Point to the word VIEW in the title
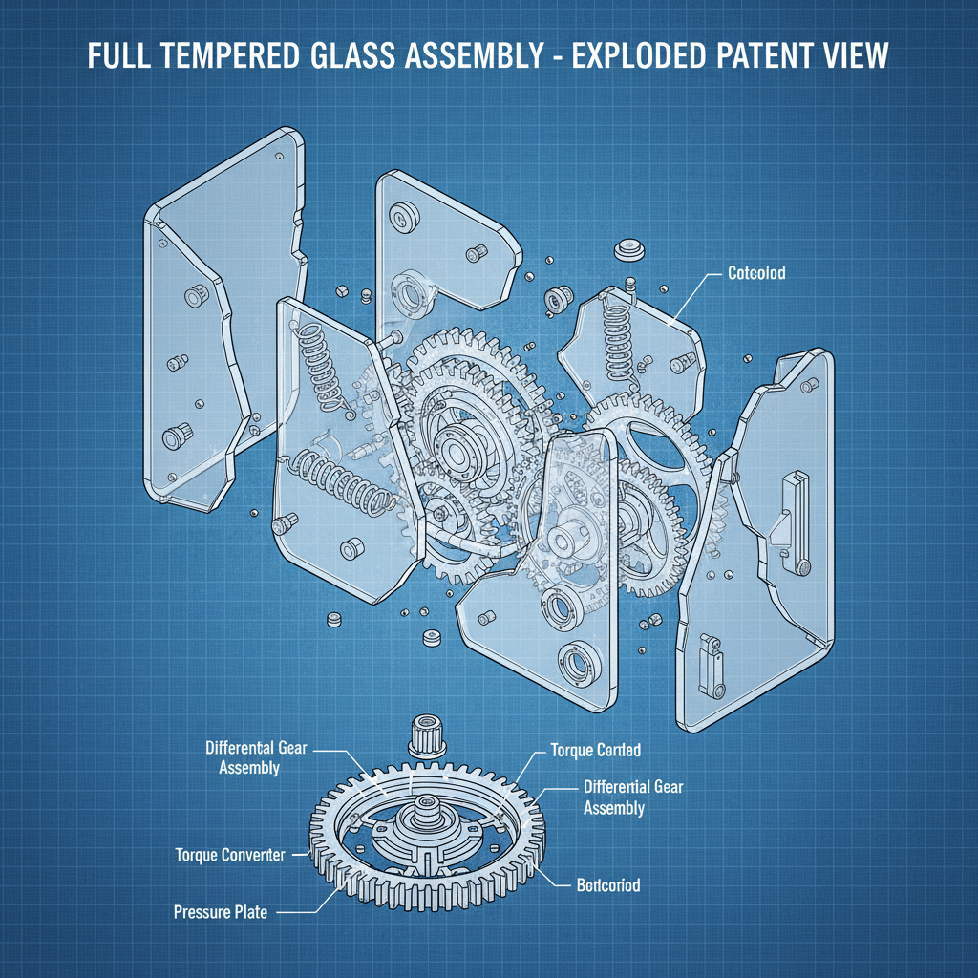(x=845, y=56)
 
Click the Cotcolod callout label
(x=755, y=274)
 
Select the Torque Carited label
(x=595, y=751)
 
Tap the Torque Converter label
(x=229, y=855)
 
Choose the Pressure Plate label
(x=221, y=912)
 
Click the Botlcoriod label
(x=607, y=885)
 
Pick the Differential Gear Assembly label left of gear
(x=256, y=757)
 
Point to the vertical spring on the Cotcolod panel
(x=613, y=333)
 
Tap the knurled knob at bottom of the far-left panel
(x=174, y=438)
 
